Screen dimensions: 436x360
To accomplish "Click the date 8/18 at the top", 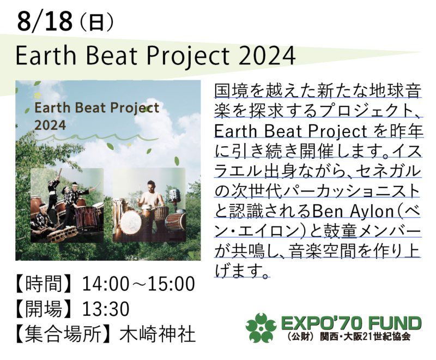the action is click(45, 21).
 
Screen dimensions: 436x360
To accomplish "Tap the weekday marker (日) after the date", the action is click(96, 22).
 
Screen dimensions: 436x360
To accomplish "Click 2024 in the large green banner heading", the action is click(267, 55).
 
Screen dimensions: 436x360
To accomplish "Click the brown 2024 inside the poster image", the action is click(50, 125).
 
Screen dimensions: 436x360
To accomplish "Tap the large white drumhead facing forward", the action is click(131, 222).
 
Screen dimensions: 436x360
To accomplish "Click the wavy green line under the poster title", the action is click(96, 137).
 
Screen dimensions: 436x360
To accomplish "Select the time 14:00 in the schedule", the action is click(106, 284).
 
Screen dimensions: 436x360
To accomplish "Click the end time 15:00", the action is click(171, 284).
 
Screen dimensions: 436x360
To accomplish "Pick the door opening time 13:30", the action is click(106, 309).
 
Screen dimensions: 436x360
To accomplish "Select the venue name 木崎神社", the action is click(158, 334).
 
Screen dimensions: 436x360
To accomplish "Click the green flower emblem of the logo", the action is click(261, 328).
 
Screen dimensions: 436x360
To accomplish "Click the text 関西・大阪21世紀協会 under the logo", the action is click(365, 337).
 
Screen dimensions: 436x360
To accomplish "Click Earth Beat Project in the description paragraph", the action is click(290, 131).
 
